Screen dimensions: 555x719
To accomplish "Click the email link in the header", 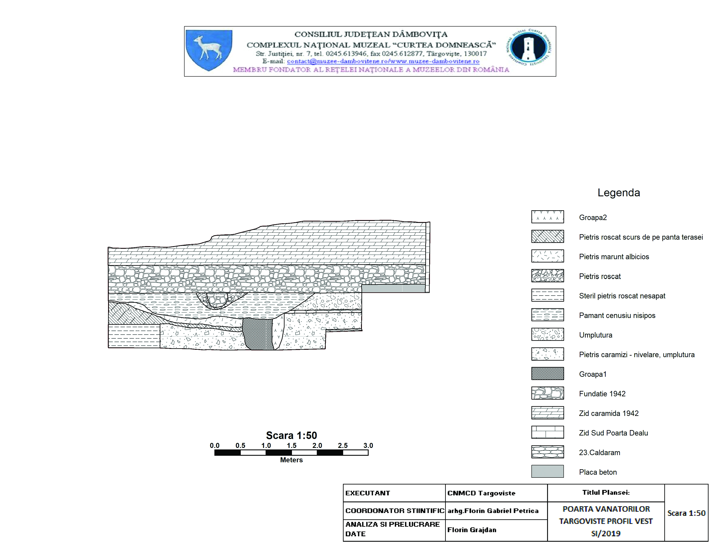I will pos(383,61).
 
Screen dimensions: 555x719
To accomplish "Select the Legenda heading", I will pos(619,193).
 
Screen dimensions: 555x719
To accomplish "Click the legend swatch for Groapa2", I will pos(548,217).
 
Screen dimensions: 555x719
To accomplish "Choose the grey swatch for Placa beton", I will pos(548,471).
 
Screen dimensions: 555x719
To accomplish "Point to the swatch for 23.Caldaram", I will pos(548,452).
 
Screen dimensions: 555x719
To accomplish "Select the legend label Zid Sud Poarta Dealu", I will pos(613,433).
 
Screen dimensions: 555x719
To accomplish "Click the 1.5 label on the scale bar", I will pos(291,446).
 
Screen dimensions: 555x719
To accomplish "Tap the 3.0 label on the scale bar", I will pos(368,446).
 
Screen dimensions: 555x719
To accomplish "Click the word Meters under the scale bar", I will pos(291,460).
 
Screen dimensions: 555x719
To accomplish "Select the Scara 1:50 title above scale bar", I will pos(291,435).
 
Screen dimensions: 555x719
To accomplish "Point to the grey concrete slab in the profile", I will pos(393,289).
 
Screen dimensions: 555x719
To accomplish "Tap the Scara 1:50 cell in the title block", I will pos(686,513).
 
